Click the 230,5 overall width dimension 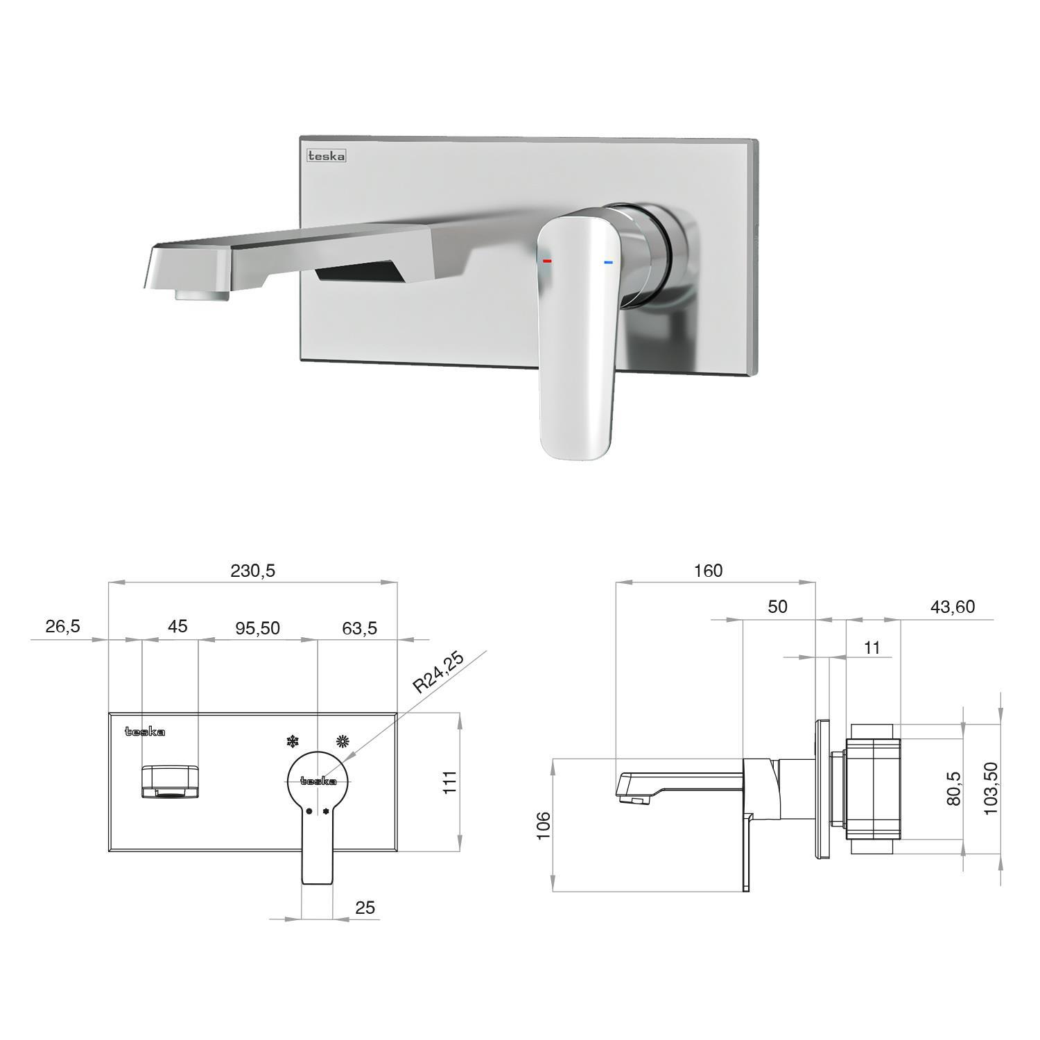click(252, 571)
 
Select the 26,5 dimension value click(63, 626)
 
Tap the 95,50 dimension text click(257, 627)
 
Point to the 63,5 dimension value click(359, 627)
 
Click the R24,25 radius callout click(438, 673)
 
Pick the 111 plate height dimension click(451, 782)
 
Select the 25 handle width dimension click(365, 908)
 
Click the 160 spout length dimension click(708, 571)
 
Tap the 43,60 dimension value click(952, 607)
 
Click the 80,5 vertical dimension click(954, 789)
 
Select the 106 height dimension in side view click(543, 825)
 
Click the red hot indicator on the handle click(547, 261)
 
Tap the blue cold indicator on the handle click(609, 262)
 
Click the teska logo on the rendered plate click(327, 156)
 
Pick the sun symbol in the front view click(342, 741)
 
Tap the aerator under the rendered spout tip click(202, 296)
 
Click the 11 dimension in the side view click(872, 647)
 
